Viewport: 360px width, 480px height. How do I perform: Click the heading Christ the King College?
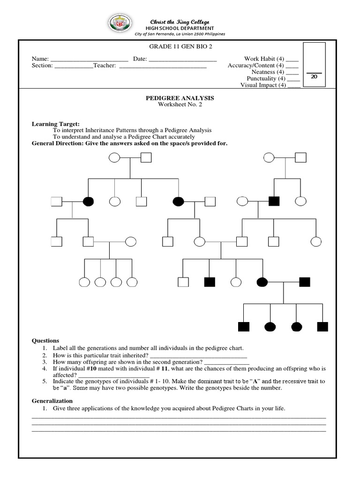[180, 22]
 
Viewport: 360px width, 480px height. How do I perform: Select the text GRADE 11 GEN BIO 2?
[171, 47]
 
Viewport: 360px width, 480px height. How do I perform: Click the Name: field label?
[40, 59]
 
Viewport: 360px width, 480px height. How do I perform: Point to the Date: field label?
[140, 59]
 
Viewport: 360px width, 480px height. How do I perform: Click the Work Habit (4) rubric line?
[262, 59]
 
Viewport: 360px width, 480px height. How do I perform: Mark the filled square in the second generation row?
[274, 202]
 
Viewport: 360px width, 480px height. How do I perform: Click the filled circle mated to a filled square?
[262, 282]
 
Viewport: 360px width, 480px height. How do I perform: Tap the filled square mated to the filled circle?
[305, 282]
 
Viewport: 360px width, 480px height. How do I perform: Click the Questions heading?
[45, 341]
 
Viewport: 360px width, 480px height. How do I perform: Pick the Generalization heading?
[52, 401]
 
